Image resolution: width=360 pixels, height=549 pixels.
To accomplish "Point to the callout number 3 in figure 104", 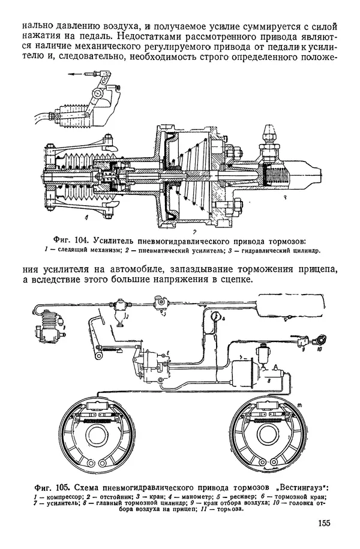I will pos(287,197).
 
